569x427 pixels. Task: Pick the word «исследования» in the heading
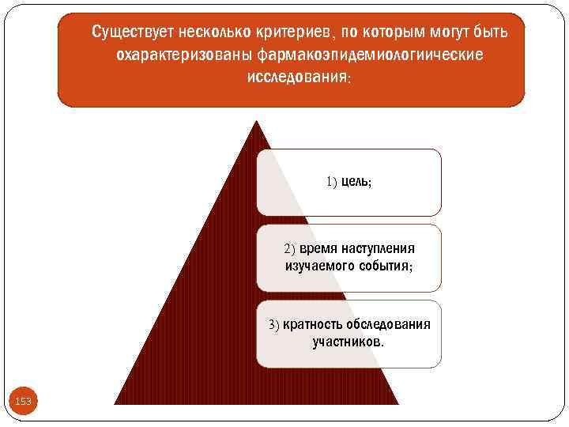(x=296, y=80)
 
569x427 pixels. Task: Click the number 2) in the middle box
(x=289, y=248)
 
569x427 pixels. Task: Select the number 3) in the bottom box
(x=273, y=324)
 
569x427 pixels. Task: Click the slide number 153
(x=24, y=402)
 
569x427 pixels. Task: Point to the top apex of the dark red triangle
(x=255, y=120)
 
